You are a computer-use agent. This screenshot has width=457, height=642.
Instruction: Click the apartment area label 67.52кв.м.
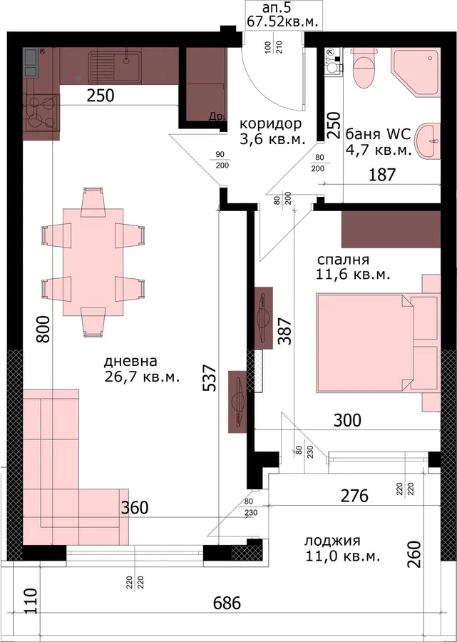pos(283,21)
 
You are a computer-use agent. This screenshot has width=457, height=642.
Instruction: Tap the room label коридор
pos(270,123)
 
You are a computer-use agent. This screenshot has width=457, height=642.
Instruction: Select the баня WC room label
pos(379,135)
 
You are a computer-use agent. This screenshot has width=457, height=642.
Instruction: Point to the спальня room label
pos(343,260)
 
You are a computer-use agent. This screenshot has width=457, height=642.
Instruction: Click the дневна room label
pos(130,362)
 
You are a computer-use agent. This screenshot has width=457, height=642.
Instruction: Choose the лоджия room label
pos(332,541)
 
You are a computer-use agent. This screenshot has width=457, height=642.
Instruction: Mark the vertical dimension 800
pos(43,329)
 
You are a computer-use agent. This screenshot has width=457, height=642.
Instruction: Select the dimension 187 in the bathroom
pos(383,175)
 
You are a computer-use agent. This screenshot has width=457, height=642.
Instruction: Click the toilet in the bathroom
pos(364,68)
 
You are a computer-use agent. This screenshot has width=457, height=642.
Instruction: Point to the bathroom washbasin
pos(428,141)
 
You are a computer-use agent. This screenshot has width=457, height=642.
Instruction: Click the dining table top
pos(93,262)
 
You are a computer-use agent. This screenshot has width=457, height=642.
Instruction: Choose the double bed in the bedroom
pos(378,342)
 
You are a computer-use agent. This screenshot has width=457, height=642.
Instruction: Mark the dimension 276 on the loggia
pos(355,496)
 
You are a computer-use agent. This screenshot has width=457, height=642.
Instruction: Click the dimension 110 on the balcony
pos(30,601)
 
